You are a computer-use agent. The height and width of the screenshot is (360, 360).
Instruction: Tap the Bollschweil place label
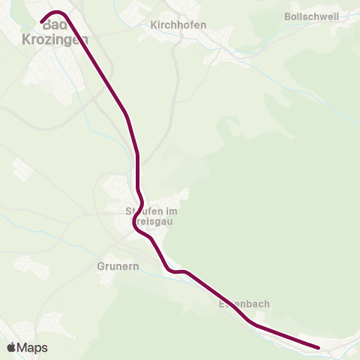tap(313, 16)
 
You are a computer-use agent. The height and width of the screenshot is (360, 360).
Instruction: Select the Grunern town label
tap(118, 265)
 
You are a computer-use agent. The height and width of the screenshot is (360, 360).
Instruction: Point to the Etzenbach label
tap(244, 304)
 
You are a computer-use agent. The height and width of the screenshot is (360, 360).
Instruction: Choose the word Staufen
tap(141, 211)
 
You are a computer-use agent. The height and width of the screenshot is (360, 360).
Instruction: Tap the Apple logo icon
tap(12, 347)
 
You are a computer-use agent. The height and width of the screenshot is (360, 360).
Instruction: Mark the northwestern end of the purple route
tap(43, 21)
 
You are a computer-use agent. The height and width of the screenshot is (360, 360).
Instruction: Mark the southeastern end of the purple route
tap(319, 347)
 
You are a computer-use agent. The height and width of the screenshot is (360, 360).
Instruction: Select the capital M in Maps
tap(24, 348)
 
